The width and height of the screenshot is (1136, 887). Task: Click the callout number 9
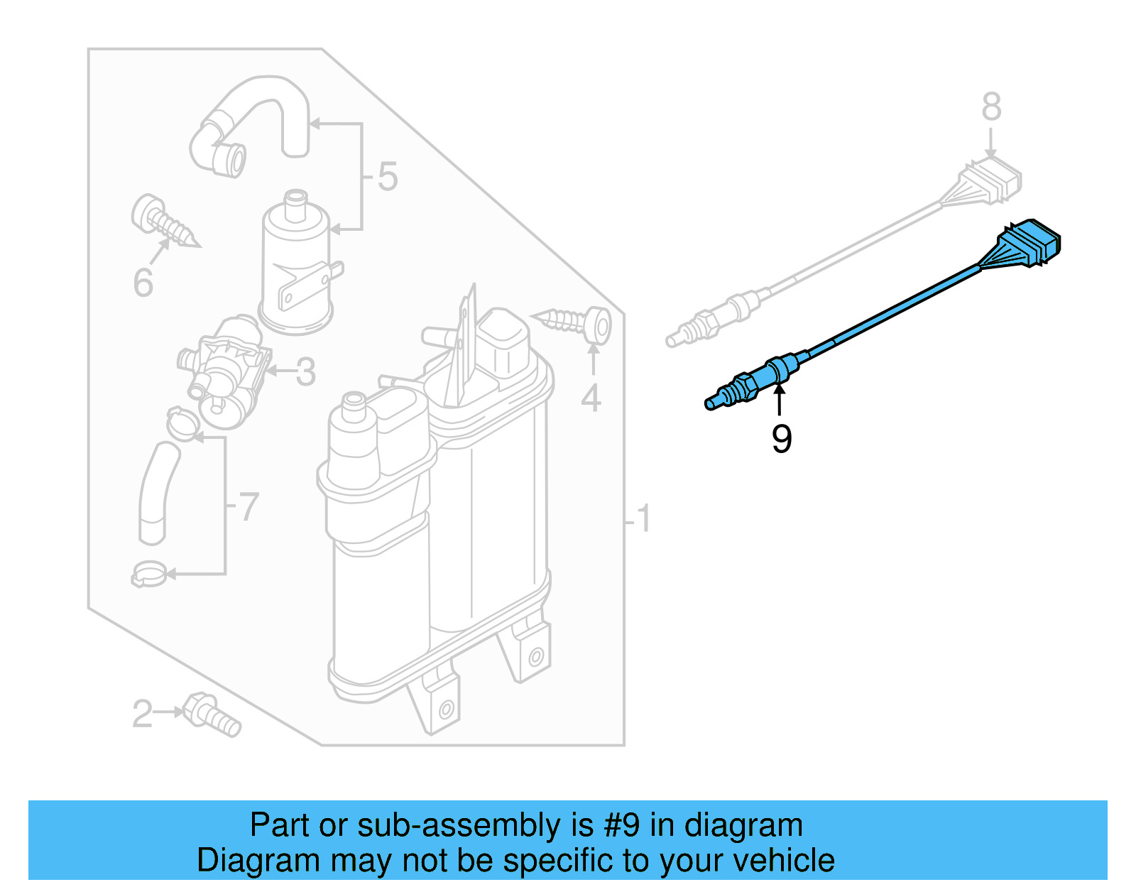781,439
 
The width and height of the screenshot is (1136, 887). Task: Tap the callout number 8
991,107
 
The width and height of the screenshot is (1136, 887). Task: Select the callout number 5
387,176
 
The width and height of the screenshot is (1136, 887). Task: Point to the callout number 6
143,282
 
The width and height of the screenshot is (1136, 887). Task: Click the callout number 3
305,371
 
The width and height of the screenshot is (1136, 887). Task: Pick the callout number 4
591,398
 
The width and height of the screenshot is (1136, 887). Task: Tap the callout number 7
248,506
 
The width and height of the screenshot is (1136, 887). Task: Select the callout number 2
142,713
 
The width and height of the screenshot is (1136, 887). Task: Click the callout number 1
643,518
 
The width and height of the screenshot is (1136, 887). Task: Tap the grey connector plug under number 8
993,180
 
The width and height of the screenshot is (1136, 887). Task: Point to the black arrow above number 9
780,398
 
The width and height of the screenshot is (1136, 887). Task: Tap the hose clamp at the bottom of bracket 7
149,574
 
